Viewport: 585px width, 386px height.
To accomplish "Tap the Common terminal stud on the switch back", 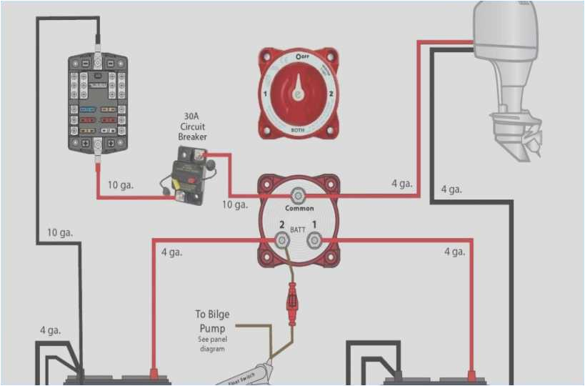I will click(299, 194).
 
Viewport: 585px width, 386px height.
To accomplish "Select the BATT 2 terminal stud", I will click(283, 241).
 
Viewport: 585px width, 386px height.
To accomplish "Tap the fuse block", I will click(99, 102).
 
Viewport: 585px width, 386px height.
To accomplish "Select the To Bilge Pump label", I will click(212, 321).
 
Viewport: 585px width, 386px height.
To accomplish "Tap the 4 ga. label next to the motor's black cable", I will click(451, 189).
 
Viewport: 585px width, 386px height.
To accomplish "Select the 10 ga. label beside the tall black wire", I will click(60, 232).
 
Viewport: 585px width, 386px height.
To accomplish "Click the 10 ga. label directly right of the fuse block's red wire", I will click(120, 185).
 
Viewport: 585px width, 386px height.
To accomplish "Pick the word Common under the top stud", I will click(299, 209).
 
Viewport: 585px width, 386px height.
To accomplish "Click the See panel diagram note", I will click(211, 344).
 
